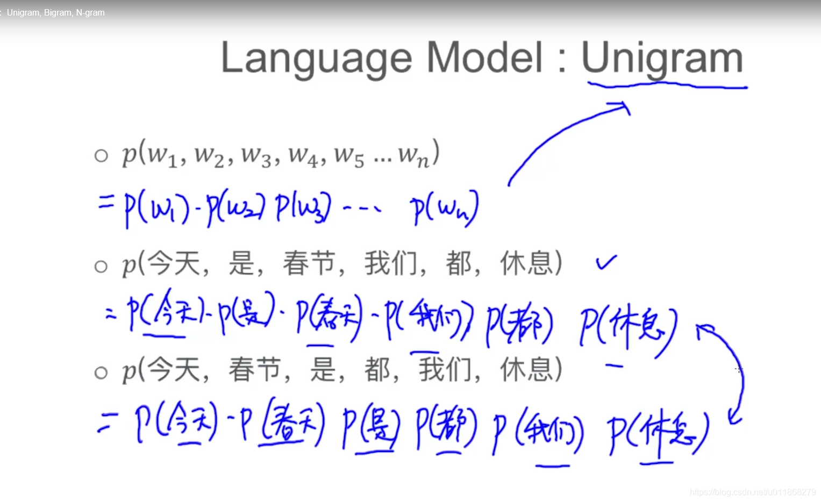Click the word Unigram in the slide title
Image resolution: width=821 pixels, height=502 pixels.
[x=662, y=58]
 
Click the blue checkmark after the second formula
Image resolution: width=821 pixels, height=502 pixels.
[x=606, y=262]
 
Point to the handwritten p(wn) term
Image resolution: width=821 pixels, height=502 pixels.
[x=444, y=208]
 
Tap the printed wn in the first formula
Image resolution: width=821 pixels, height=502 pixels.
[x=414, y=156]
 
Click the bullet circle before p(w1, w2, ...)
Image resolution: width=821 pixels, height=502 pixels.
[x=101, y=156]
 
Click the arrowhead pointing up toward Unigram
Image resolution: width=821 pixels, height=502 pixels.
[x=624, y=106]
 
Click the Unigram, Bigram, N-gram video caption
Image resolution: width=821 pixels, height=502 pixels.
[x=55, y=12]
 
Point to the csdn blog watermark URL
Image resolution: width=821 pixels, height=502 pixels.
[x=752, y=492]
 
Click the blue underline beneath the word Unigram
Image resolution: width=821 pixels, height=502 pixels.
[x=667, y=85]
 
